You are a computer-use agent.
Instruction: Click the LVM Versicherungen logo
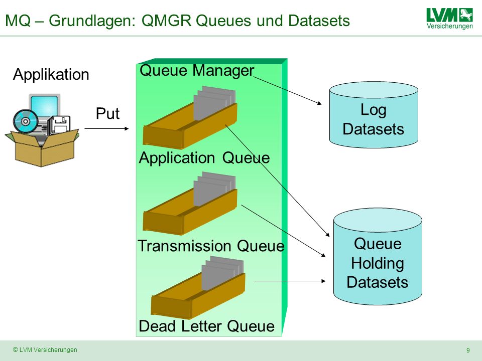coord(450,19)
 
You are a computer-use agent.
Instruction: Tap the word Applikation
coord(51,75)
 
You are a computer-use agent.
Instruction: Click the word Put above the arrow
coord(107,113)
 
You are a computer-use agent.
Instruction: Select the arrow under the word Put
coord(106,129)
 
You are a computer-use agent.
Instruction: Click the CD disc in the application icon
coord(26,121)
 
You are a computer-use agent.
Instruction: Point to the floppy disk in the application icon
coord(60,125)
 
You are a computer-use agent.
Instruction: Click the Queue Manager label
coord(197,70)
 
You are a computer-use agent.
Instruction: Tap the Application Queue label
coord(204,158)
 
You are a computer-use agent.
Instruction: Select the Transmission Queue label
coord(211,246)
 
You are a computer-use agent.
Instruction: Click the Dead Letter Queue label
coord(206,326)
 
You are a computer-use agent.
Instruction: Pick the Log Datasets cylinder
coord(374,115)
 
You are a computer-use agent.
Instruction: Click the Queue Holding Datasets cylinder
coord(378,257)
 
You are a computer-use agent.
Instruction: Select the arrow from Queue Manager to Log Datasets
coord(288,90)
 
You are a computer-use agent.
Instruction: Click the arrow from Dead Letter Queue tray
coord(289,281)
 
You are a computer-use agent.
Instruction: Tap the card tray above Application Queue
coord(190,117)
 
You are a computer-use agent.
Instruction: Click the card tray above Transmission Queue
coord(190,204)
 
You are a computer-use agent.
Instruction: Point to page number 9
coord(468,350)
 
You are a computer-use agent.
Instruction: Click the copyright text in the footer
coord(45,349)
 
